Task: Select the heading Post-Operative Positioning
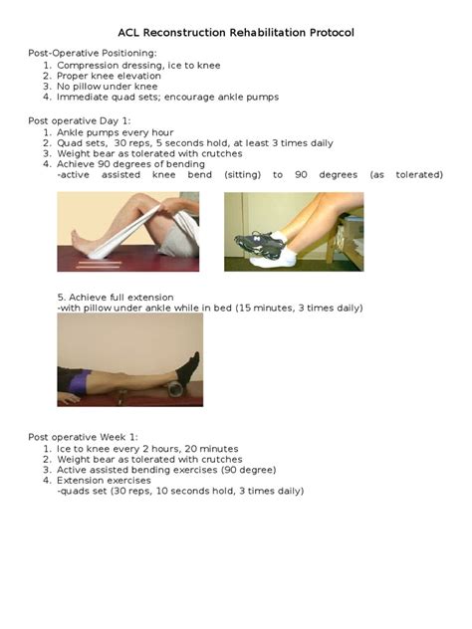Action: [x=92, y=53]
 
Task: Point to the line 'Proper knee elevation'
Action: [x=115, y=76]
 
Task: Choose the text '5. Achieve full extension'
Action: [x=116, y=298]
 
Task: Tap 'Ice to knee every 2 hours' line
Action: [x=139, y=449]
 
